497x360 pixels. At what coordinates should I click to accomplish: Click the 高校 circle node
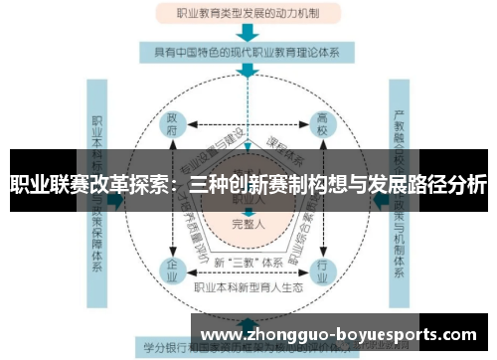pyautogui.click(x=322, y=123)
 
